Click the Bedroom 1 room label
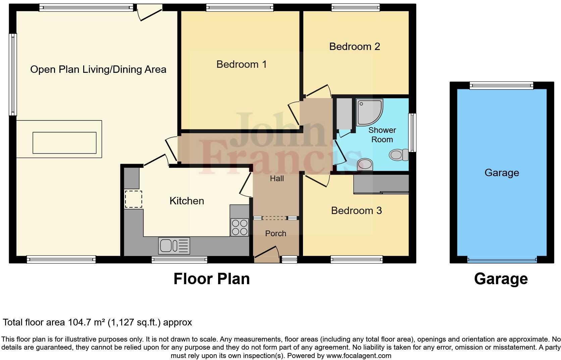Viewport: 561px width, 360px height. click(241, 64)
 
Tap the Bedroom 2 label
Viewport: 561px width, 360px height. click(354, 46)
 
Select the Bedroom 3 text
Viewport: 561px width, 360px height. click(356, 210)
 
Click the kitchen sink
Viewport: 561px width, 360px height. click(174, 246)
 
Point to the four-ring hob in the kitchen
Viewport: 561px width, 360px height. click(240, 227)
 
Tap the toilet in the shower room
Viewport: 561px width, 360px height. click(399, 155)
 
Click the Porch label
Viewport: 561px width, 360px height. click(275, 234)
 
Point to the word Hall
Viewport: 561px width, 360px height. click(277, 178)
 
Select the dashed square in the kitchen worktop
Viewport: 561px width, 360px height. click(133, 199)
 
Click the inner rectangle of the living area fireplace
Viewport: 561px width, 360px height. click(64, 143)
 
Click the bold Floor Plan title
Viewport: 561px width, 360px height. click(211, 279)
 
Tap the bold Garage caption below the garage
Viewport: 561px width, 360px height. click(501, 279)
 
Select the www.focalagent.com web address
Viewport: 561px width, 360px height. click(358, 356)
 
